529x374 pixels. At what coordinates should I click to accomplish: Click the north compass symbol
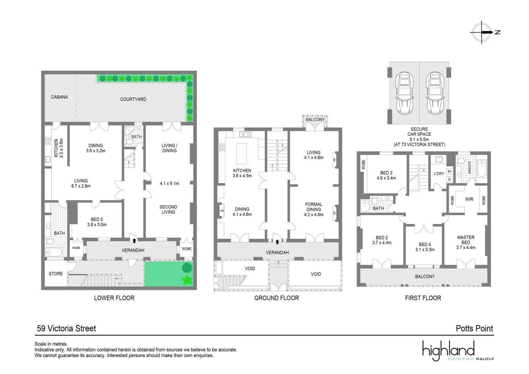482,32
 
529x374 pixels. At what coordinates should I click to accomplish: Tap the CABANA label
59,97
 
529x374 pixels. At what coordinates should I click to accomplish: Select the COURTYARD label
133,99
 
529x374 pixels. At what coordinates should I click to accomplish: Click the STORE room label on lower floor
56,274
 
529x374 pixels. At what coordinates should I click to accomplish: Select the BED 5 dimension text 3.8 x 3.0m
97,224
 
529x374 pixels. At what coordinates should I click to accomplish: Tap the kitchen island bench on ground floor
241,153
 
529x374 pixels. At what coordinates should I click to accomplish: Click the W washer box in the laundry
449,171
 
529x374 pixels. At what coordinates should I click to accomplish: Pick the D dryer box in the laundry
449,179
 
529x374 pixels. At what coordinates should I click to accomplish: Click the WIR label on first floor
469,199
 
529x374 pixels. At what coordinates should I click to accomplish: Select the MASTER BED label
466,240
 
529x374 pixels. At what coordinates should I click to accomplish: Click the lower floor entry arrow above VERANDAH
134,240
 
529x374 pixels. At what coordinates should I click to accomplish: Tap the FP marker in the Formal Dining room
334,211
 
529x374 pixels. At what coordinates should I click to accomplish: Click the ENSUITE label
470,167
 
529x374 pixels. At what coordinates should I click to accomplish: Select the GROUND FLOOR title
276,298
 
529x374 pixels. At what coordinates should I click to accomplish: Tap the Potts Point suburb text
474,328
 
